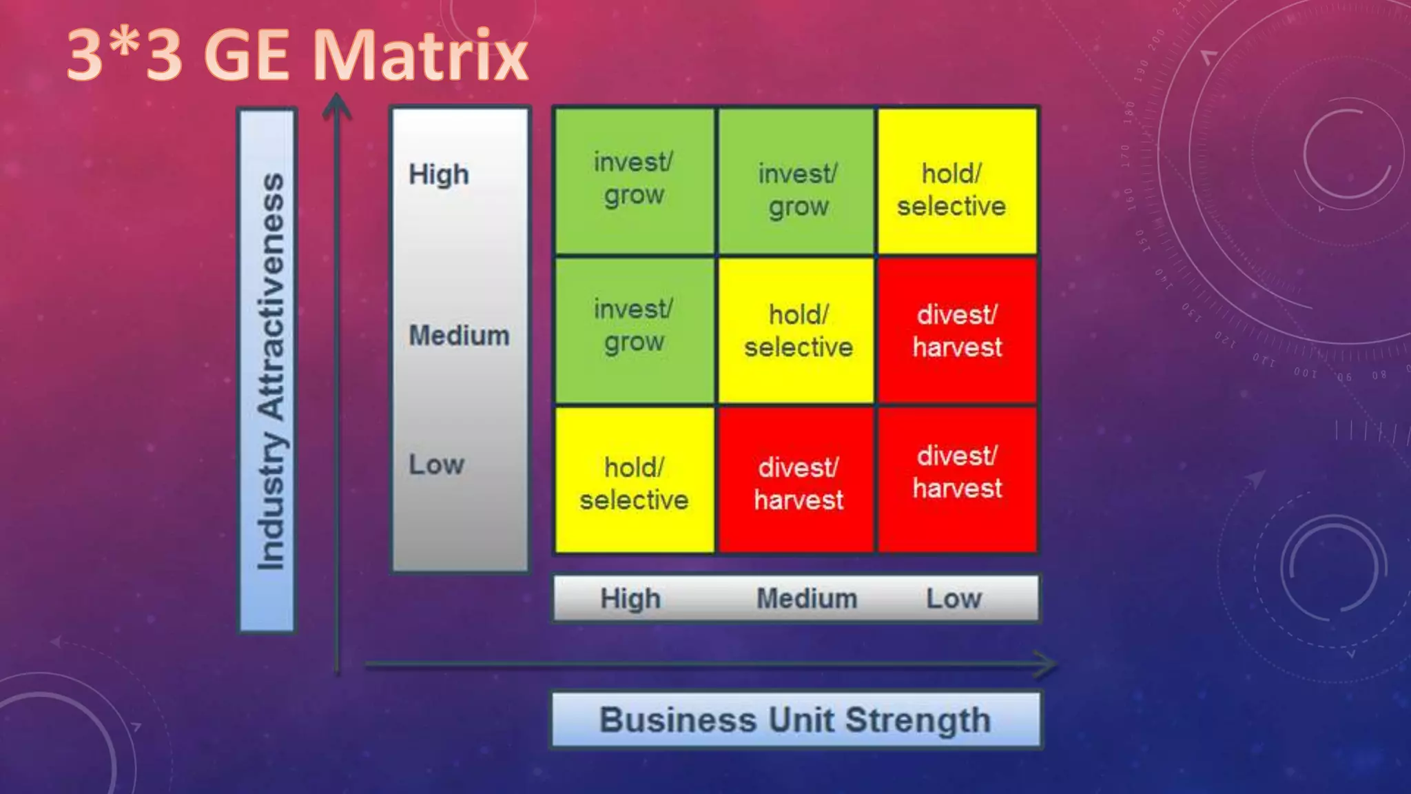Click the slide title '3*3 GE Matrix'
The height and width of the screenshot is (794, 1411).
click(298, 55)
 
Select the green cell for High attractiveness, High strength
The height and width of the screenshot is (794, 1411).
click(634, 181)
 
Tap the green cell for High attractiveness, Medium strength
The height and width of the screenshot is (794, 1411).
click(797, 181)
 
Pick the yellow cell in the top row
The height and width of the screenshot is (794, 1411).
click(956, 181)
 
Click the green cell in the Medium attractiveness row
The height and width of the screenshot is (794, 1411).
click(634, 329)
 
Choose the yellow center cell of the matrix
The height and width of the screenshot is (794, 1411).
click(797, 329)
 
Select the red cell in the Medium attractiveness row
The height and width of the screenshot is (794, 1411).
click(956, 329)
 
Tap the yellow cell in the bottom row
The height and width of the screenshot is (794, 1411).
click(634, 480)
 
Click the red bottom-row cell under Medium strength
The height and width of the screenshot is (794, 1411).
click(797, 480)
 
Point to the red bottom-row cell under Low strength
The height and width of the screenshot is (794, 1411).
click(956, 480)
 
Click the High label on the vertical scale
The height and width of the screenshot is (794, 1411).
click(439, 174)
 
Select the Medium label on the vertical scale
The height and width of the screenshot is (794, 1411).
click(459, 336)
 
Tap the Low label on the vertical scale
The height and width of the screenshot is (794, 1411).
click(436, 465)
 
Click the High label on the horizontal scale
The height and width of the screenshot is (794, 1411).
click(630, 598)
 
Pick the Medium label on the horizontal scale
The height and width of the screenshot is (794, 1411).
click(807, 598)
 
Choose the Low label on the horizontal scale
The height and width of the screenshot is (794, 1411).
click(954, 598)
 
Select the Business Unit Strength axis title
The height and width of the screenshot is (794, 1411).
click(795, 720)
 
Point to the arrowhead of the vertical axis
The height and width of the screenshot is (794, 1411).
click(337, 103)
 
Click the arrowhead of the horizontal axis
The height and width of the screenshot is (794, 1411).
click(1047, 664)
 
